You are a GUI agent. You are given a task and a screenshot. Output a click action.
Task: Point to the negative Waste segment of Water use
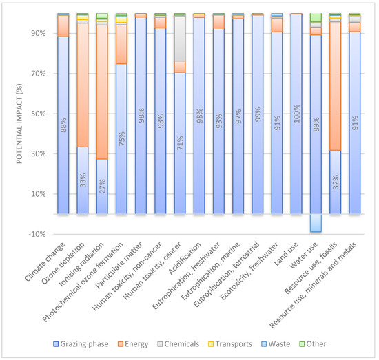point(316,223)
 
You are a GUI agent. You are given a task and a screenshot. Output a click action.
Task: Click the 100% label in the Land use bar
point(296,114)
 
